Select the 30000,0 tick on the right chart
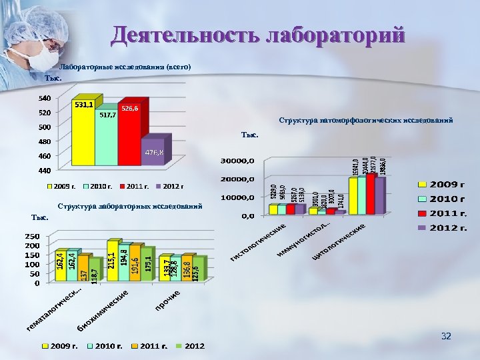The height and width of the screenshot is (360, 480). click(237, 161)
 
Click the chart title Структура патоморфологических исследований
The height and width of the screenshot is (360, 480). click(366, 121)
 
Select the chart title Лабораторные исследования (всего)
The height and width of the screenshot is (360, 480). click(126, 67)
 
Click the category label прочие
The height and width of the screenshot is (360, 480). click(168, 300)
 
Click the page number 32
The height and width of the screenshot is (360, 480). click(446, 336)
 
